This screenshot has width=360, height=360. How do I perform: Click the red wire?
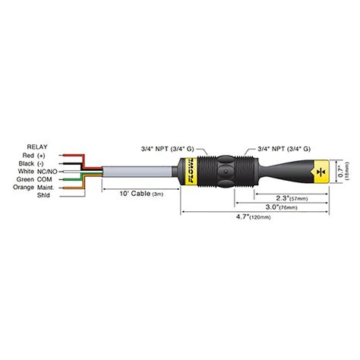[x=76, y=155]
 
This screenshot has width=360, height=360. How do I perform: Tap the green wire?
[x=76, y=179]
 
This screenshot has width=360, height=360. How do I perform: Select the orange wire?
[x=76, y=188]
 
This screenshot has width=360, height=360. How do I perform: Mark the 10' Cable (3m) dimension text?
[x=141, y=194]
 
